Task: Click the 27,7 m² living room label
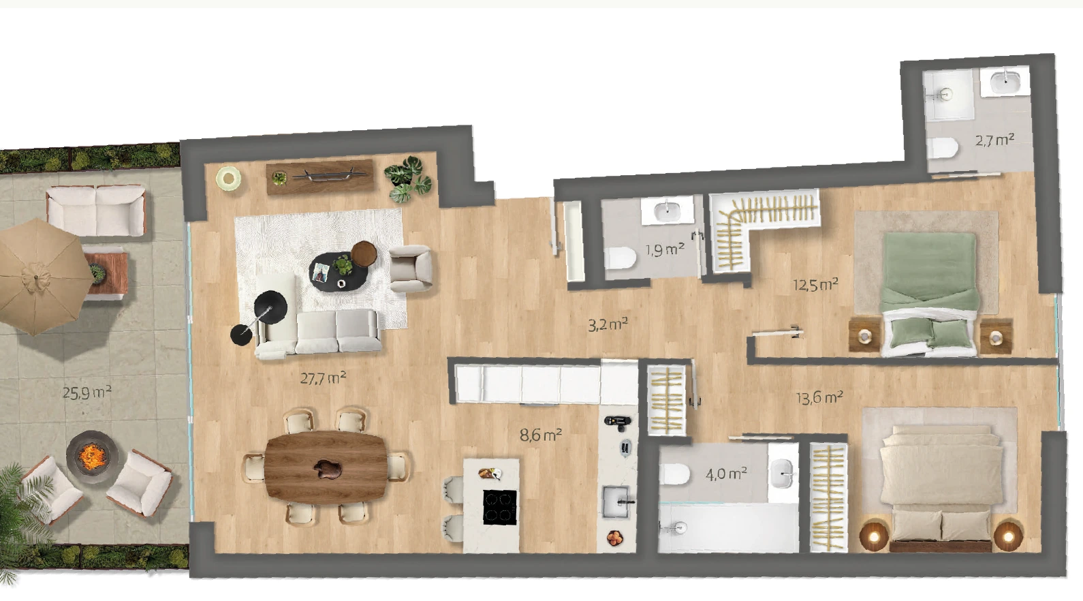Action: (x=323, y=377)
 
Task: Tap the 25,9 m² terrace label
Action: (x=87, y=392)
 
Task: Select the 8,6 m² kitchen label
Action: (x=541, y=435)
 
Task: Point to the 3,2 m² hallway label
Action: (x=608, y=324)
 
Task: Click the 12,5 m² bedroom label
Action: (x=815, y=284)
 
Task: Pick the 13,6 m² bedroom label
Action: (x=819, y=397)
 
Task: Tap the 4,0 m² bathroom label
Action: (x=726, y=474)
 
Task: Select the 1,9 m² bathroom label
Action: (x=665, y=249)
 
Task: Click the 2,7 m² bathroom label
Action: (x=994, y=140)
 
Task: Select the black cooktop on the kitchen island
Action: (x=500, y=507)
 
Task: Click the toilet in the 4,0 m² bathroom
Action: (x=674, y=474)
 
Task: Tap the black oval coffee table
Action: (x=339, y=271)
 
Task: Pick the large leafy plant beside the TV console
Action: (x=408, y=179)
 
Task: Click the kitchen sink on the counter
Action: (x=616, y=502)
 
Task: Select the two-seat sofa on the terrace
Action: (x=96, y=211)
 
